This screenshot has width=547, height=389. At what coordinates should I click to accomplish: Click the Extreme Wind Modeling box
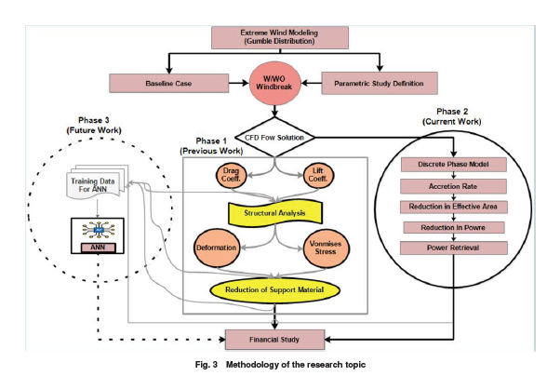point(280,37)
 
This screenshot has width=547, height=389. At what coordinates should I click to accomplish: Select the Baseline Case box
point(169,83)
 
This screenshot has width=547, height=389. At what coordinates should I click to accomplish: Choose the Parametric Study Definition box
point(380,83)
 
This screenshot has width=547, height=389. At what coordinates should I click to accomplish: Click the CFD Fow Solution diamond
point(274,137)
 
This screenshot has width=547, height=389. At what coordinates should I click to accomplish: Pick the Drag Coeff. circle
point(231,175)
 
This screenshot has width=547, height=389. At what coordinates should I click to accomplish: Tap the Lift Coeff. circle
point(318,175)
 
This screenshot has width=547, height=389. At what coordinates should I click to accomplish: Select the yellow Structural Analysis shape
point(275,213)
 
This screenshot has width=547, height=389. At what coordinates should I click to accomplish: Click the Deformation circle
point(216,248)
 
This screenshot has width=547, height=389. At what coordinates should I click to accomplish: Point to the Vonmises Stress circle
point(326,248)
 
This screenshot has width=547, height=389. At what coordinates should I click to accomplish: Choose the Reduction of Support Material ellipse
point(274,290)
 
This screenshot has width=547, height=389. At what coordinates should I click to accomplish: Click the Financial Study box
point(274,340)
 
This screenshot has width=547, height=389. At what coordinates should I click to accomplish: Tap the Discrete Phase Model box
point(454,165)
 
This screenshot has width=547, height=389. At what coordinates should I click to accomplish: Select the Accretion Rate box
point(453,186)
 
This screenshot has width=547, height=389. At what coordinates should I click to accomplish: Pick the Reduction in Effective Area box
point(453,207)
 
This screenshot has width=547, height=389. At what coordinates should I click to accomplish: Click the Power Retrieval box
point(454,248)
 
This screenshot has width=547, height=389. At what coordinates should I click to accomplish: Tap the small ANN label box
point(98,248)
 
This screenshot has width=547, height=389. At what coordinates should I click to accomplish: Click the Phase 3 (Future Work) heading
point(94,126)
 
